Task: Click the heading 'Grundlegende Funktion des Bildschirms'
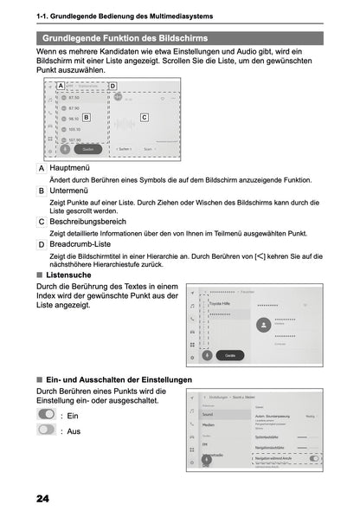click(125, 38)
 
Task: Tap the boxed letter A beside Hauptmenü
click(42, 167)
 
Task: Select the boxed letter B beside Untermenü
click(42, 191)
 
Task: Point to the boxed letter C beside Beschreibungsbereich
click(42, 222)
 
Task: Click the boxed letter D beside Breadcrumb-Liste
click(42, 244)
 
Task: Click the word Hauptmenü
click(74, 167)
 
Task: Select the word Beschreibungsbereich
click(96, 222)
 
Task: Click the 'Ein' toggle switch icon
click(47, 415)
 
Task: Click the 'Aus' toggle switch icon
click(47, 430)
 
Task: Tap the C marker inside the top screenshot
click(144, 115)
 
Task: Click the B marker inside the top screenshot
click(86, 115)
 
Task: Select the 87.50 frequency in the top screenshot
click(74, 98)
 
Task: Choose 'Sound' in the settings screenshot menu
click(208, 415)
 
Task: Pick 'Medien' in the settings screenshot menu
click(209, 426)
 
